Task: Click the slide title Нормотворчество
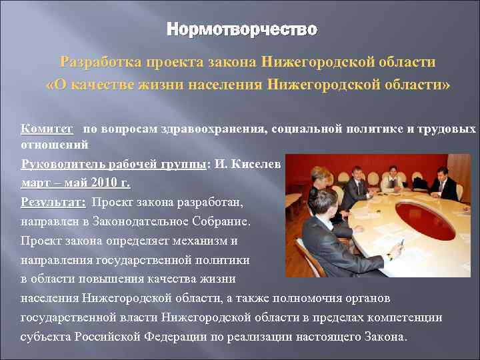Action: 241,30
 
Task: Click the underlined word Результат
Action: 53,202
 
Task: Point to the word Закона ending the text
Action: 383,337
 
